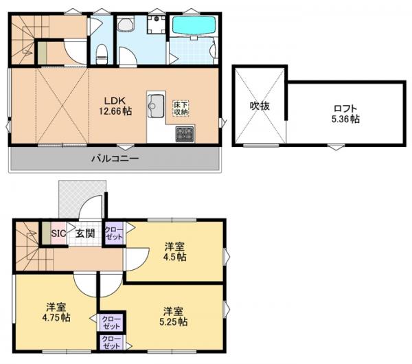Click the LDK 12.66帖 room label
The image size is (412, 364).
(x=115, y=106)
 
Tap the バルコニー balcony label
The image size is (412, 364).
(x=115, y=159)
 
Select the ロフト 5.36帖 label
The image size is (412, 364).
(x=345, y=114)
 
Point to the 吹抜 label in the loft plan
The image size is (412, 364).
(x=260, y=106)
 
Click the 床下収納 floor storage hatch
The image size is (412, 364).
(x=181, y=108)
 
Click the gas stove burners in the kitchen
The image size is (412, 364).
(x=185, y=134)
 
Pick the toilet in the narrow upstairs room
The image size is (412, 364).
(x=102, y=54)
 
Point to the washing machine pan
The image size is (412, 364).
(x=157, y=25)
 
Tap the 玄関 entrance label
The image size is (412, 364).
(x=85, y=234)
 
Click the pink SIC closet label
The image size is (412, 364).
(x=58, y=234)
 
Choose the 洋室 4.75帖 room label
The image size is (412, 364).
(x=56, y=312)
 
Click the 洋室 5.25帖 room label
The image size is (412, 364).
(x=174, y=317)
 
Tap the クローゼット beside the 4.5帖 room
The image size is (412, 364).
(x=114, y=233)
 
